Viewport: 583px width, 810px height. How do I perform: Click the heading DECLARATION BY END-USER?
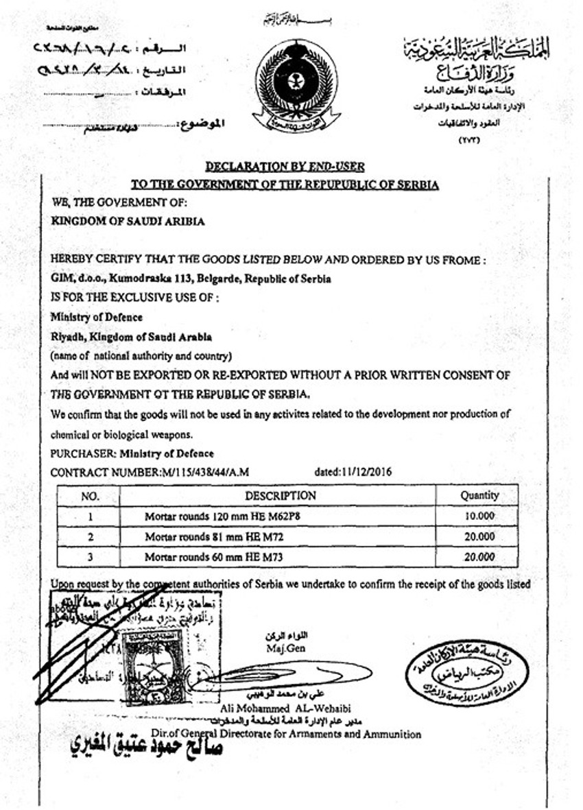tap(285, 167)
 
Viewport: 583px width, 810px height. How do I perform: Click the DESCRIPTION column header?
tap(280, 495)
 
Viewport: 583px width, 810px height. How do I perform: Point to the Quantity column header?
tap(479, 495)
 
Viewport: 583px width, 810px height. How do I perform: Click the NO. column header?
tap(90, 496)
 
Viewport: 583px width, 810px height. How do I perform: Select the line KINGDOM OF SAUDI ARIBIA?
tap(128, 222)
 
